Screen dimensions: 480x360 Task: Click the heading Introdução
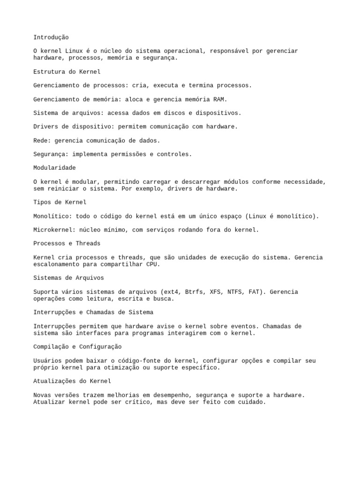point(51,37)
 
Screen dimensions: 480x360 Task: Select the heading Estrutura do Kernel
point(67,72)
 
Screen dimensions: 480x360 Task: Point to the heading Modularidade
point(54,167)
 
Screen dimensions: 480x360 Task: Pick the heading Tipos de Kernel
point(60,202)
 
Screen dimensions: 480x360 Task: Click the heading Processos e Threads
point(67,243)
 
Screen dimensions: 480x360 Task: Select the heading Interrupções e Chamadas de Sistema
point(93,312)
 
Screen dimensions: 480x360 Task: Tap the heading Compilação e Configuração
point(77,346)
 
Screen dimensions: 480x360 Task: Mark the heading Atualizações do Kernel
point(72,381)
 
